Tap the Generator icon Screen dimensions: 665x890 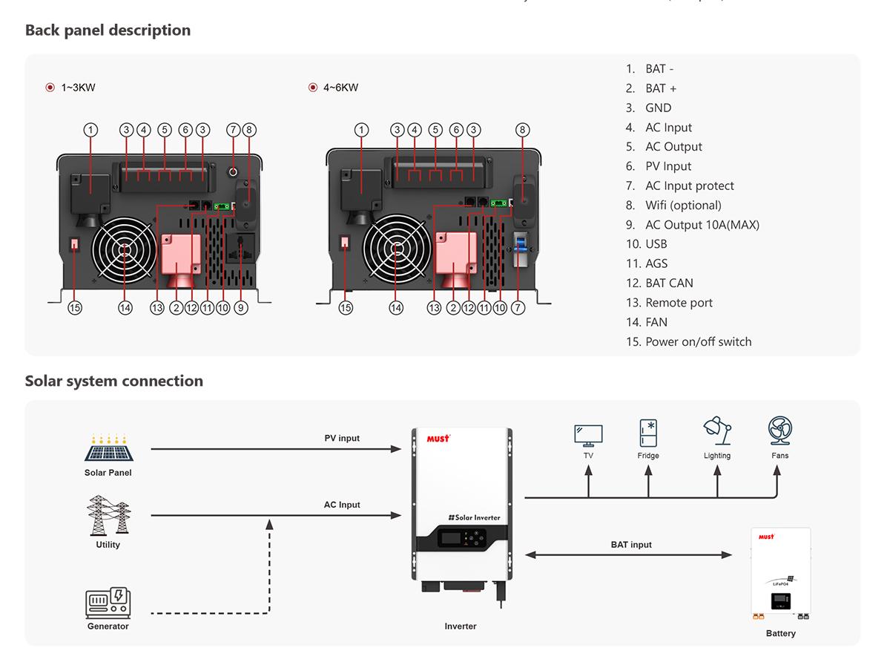[108, 603]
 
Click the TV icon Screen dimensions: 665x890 [588, 435]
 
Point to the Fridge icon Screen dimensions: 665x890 [648, 433]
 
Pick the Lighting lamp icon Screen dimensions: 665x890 [717, 432]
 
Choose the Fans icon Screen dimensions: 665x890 [779, 431]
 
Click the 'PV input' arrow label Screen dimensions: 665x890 [342, 439]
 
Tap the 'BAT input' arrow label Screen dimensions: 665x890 [631, 545]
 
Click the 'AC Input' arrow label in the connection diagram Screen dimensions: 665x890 [342, 505]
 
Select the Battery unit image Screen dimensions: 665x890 [781, 573]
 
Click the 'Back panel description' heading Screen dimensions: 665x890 [108, 30]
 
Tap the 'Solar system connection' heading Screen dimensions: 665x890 [113, 381]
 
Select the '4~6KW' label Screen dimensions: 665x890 [340, 88]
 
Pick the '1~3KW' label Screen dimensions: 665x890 [78, 88]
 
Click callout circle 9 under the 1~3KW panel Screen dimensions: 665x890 [240, 307]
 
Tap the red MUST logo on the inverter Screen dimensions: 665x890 [438, 438]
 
